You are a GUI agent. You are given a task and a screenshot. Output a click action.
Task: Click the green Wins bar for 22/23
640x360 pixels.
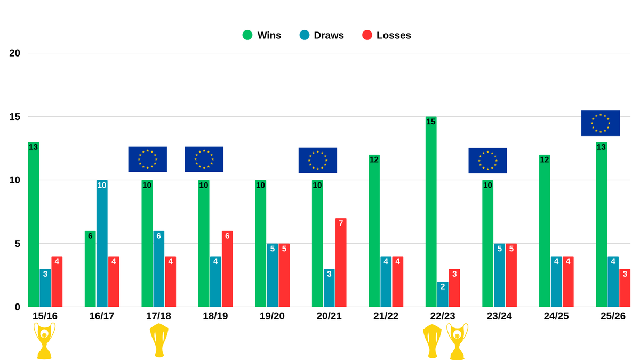pos(431,213)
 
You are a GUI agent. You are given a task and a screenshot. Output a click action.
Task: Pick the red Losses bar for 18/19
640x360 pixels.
pos(227,269)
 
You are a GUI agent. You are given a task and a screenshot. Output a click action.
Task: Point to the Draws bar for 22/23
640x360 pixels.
pos(443,294)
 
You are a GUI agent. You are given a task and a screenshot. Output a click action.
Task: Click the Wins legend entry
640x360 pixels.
pos(261,35)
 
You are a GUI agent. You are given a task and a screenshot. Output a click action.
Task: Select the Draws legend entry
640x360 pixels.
pos(322,35)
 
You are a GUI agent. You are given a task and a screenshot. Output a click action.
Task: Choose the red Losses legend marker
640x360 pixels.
pos(367,35)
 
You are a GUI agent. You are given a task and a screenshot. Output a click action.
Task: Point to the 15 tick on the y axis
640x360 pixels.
pos(15,117)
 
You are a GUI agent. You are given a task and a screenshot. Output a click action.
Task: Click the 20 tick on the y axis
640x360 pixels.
pos(15,53)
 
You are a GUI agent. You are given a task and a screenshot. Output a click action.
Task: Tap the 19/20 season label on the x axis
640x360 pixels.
pos(272,316)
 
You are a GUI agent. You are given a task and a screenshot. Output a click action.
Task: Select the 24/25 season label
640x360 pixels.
pos(556,316)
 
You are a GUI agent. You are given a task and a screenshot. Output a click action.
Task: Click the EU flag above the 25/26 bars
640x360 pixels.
pos(601,123)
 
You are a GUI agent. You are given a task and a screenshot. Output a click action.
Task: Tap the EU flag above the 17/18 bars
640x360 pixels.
pos(148,159)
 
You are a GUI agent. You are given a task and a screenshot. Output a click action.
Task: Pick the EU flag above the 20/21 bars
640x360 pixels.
pos(318,160)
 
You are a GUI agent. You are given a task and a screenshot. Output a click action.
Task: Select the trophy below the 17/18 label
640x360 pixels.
pos(159,340)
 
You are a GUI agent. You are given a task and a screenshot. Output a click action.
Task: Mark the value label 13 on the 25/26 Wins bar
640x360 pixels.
pos(601,147)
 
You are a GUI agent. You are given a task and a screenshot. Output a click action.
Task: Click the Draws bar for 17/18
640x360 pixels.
pos(158,269)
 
